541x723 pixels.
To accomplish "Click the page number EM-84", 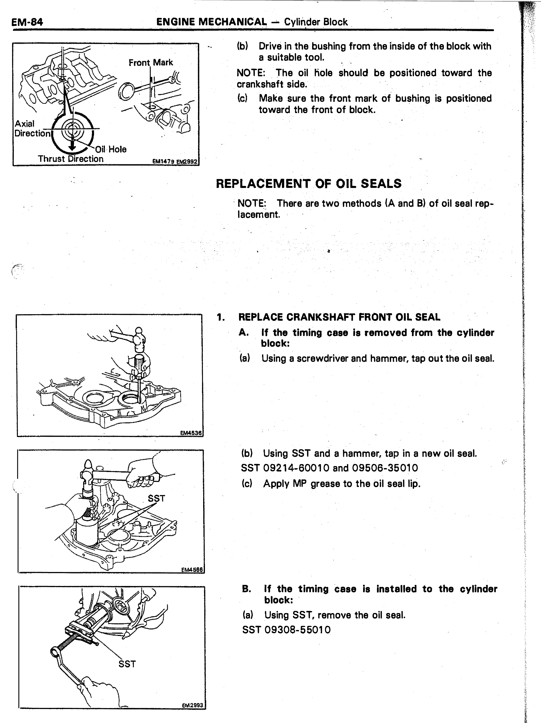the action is click(27, 22).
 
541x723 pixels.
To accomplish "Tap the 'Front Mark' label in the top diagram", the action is click(150, 62).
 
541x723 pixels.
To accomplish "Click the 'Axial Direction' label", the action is click(32, 128).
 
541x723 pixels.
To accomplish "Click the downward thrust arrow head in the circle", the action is click(72, 147).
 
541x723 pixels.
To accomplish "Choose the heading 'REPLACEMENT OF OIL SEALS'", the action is click(309, 184).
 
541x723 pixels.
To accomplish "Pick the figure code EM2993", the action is click(193, 714).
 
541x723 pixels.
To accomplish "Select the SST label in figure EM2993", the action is click(127, 664).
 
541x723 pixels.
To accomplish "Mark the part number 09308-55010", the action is click(297, 630).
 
